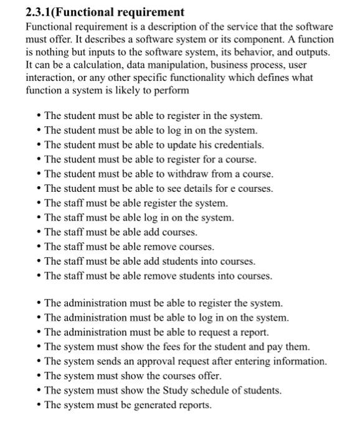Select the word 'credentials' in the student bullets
point(238,145)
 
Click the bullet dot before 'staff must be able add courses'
point(39,232)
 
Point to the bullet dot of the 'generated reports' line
point(39,405)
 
